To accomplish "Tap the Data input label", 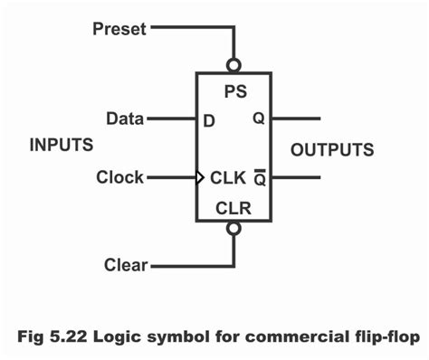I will (x=124, y=118).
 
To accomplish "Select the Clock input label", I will (x=119, y=177).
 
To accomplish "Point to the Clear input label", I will (x=126, y=266).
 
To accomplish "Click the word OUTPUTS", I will (x=332, y=149).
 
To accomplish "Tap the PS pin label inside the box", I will (x=234, y=91).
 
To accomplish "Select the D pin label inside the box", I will (x=208, y=119).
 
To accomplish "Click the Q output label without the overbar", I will (x=259, y=118).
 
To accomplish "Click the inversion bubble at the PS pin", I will (x=234, y=65).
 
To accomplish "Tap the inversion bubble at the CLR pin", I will (x=234, y=230).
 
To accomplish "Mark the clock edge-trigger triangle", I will (x=201, y=177).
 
